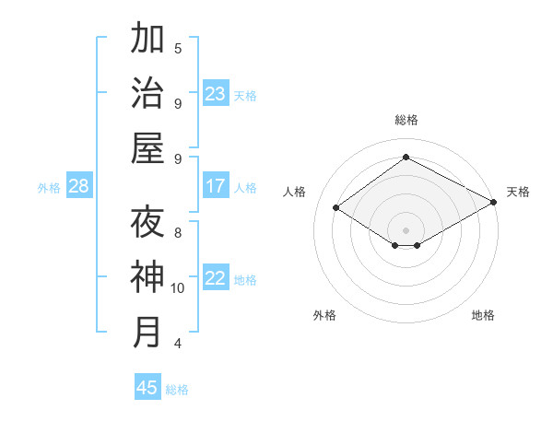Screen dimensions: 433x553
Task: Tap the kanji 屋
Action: coord(147,148)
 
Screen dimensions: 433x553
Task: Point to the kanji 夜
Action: coord(147,222)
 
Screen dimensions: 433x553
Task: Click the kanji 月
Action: coord(147,333)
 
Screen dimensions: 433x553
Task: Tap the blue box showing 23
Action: coord(216,94)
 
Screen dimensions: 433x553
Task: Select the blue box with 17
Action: coord(216,186)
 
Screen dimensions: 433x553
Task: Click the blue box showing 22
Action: coord(216,278)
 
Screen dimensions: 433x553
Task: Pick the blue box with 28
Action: coord(79,186)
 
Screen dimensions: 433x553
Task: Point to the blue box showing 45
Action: coord(147,388)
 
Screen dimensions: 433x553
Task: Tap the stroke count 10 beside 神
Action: coord(178,288)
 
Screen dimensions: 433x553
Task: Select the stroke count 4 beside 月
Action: coord(178,344)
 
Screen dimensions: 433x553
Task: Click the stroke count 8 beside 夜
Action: coord(178,233)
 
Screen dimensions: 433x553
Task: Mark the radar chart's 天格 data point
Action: coord(493,203)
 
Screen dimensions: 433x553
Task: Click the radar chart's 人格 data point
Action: coord(336,208)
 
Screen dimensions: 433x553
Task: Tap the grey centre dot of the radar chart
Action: coord(406,229)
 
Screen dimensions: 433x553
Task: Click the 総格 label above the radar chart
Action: coord(406,120)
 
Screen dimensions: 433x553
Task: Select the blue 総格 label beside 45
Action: coord(177,390)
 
